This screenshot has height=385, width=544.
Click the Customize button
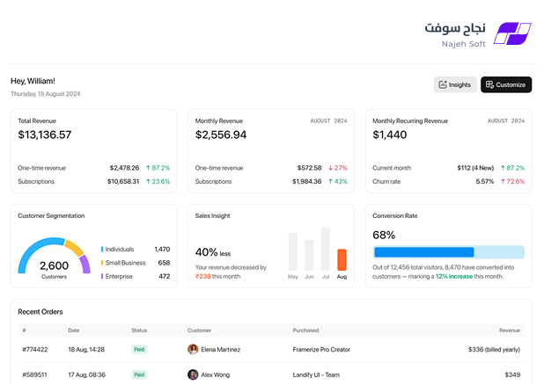pyautogui.click(x=506, y=84)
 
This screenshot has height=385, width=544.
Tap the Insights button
pyautogui.click(x=455, y=84)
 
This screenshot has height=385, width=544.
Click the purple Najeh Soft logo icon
pyautogui.click(x=512, y=33)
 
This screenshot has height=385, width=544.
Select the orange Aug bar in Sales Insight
pyautogui.click(x=342, y=259)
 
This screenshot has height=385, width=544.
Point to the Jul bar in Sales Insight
pyautogui.click(x=326, y=249)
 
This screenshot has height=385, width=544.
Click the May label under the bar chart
pyautogui.click(x=293, y=277)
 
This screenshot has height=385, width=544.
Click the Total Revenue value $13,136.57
pyautogui.click(x=45, y=134)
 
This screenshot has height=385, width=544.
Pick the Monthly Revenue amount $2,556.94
pyautogui.click(x=221, y=134)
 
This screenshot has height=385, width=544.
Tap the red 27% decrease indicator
pyautogui.click(x=337, y=168)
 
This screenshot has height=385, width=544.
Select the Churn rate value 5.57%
pyautogui.click(x=485, y=181)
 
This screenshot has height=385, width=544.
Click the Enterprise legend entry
pyautogui.click(x=117, y=276)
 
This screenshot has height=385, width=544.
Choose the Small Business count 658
pyautogui.click(x=164, y=263)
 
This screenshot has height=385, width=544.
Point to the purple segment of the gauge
pyautogui.click(x=85, y=264)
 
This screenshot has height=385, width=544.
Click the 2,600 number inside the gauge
pyautogui.click(x=54, y=265)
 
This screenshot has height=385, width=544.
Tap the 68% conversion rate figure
pyautogui.click(x=384, y=235)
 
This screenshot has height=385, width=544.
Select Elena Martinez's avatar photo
pyautogui.click(x=193, y=349)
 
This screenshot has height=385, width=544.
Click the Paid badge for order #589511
pyautogui.click(x=139, y=374)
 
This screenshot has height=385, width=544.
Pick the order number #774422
pyautogui.click(x=35, y=349)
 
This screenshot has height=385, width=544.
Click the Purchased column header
pyautogui.click(x=305, y=331)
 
